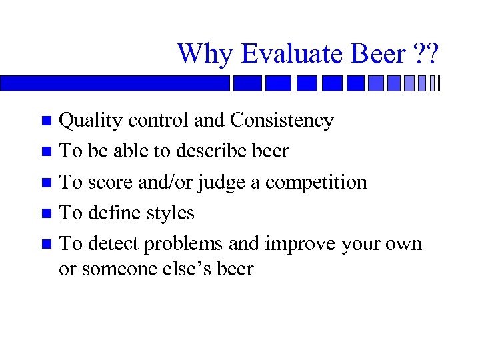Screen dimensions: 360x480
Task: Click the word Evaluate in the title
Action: coord(283,53)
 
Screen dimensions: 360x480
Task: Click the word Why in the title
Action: coord(203,53)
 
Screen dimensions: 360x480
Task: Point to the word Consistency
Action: coord(282,121)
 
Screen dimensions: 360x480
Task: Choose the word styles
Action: coord(173,213)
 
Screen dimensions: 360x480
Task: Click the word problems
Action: coord(185,244)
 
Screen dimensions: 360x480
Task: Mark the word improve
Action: coord(300,244)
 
